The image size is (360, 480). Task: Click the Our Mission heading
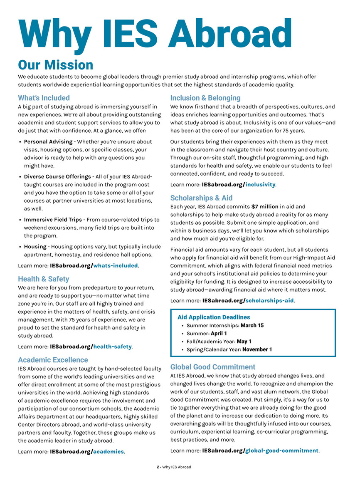(55, 65)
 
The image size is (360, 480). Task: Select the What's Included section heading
(44, 98)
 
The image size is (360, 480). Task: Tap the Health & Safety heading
(43, 279)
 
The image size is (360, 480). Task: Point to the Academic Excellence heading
(53, 360)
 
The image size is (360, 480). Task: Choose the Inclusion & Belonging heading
(205, 98)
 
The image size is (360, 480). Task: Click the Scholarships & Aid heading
(201, 198)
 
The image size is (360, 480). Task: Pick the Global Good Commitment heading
(212, 367)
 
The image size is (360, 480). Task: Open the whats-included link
(116, 265)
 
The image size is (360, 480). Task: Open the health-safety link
(112, 346)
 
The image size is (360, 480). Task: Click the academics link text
(108, 451)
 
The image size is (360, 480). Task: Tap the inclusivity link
(260, 184)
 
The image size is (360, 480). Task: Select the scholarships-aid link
(269, 300)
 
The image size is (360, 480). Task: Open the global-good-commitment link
(282, 450)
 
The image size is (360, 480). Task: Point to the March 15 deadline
(252, 325)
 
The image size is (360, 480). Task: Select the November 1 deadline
(257, 349)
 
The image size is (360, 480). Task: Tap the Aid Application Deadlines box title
(214, 317)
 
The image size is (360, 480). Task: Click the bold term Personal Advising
(48, 142)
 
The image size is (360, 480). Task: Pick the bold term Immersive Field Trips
(53, 220)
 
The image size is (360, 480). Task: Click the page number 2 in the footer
(158, 467)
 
